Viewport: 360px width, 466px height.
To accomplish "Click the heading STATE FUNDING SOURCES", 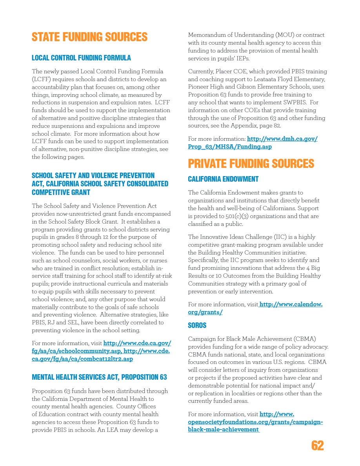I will click(89, 37).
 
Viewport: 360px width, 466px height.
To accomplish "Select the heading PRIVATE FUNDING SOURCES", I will click(251, 164).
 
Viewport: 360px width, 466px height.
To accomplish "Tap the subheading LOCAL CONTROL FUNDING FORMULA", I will click(81, 58).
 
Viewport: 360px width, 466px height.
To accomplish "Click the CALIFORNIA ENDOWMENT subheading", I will click(223, 179).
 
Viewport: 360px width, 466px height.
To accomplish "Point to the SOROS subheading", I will click(197, 326).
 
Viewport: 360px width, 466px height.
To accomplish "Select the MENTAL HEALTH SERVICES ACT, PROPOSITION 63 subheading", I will click(99, 377).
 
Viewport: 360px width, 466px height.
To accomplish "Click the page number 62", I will click(318, 446).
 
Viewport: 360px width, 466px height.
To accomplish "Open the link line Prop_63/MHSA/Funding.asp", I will click(230, 147).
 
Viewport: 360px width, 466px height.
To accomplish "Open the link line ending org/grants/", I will click(205, 312).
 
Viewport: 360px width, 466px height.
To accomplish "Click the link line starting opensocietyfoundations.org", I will click(255, 422).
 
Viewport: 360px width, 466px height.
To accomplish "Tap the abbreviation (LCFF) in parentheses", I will click(40, 79).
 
